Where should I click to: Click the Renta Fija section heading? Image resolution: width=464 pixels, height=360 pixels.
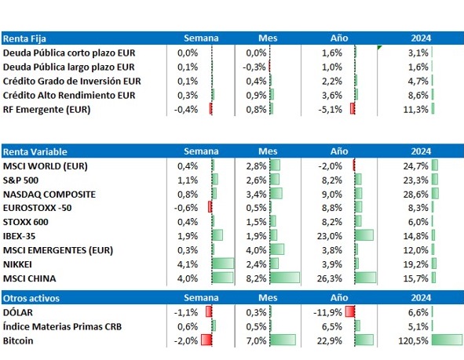24,38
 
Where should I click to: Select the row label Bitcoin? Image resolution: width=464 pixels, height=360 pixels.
18,341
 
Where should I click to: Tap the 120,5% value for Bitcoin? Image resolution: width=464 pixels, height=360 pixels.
413,341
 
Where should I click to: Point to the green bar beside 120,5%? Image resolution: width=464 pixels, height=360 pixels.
447,340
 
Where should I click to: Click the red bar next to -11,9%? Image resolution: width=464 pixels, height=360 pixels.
350,311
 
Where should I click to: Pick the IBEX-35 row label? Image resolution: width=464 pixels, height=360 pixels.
19,236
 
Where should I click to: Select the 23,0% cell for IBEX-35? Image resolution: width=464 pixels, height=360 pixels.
330,236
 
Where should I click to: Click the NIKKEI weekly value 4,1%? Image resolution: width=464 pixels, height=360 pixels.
188,264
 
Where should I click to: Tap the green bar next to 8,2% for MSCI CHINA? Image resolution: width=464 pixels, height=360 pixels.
285,278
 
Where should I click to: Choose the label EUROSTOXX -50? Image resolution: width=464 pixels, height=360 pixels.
37,208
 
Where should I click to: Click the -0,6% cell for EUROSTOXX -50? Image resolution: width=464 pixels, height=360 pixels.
186,208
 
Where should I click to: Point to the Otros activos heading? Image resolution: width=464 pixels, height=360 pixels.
31,299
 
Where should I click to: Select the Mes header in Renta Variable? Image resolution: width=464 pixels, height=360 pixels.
268,151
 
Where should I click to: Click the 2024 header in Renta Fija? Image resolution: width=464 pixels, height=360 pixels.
421,38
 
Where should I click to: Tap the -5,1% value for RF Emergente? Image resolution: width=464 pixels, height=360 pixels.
331,110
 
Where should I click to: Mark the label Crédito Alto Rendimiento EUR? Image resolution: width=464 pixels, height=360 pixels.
69,96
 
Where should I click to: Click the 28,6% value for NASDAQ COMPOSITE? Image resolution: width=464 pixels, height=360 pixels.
416,195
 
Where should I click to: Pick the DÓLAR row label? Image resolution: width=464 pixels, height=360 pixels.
18,312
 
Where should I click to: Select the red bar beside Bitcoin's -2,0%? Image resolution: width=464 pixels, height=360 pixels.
206,340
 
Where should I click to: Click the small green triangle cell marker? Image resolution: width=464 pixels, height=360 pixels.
380,47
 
